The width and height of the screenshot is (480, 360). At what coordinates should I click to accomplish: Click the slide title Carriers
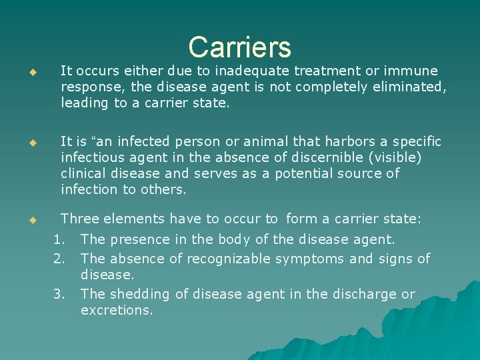coord(239,47)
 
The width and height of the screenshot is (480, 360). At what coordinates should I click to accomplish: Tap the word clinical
coord(85,173)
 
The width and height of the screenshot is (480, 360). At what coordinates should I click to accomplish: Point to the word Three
coord(80,219)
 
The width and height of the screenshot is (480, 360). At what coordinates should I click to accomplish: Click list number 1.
coord(59,239)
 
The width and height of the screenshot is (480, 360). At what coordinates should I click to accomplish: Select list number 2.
coord(59,258)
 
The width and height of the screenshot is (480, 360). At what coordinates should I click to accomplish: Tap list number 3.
coord(59,294)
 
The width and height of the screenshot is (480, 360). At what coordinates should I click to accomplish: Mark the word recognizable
coord(228,258)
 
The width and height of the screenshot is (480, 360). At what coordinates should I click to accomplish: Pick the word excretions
coord(116,310)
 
